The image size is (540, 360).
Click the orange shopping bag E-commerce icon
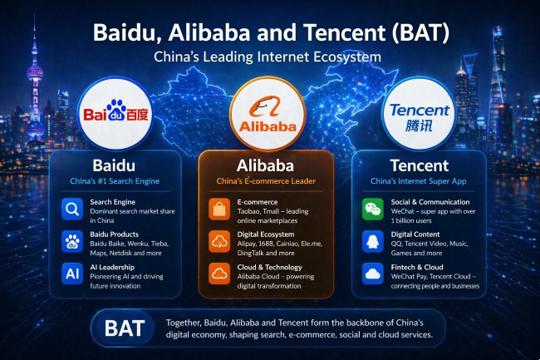click(x=219, y=209)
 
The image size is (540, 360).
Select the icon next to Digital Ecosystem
click(x=219, y=241)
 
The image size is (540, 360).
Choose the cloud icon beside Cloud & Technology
click(x=219, y=274)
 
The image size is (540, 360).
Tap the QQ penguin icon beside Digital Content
click(x=372, y=241)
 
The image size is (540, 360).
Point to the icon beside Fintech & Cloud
click(x=372, y=274)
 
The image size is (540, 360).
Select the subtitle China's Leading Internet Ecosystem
click(x=269, y=57)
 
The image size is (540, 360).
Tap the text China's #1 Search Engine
click(x=114, y=180)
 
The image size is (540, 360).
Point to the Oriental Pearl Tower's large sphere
click(x=34, y=73)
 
